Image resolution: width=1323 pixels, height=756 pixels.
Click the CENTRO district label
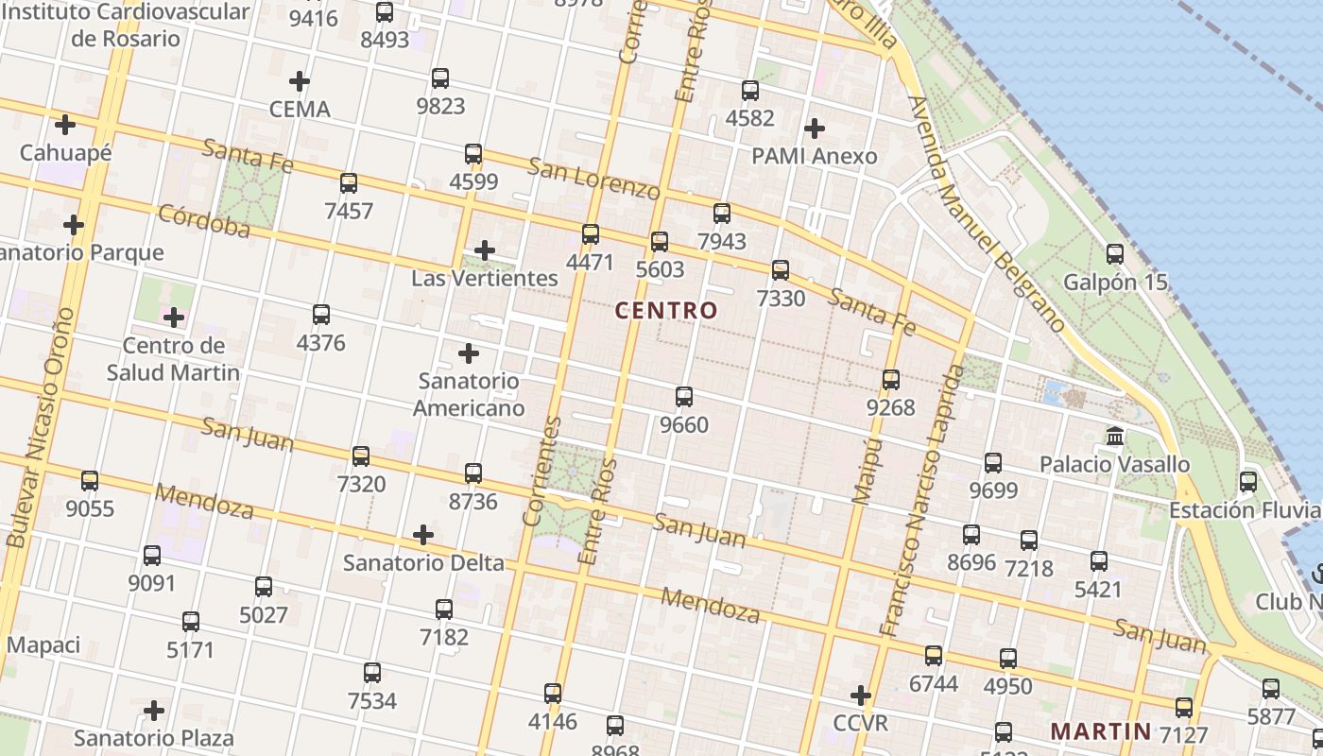[x=666, y=310]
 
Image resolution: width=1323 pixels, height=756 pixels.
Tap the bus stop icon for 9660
[x=684, y=397]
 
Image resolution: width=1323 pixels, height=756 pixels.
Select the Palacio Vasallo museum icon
[x=1115, y=438]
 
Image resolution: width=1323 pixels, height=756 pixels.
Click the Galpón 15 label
[x=1115, y=283]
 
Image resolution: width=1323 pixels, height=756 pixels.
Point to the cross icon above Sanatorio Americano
[x=469, y=354]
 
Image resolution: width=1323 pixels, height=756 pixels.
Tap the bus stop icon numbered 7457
[x=349, y=183]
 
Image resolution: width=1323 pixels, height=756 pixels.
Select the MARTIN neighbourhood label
[x=1101, y=730]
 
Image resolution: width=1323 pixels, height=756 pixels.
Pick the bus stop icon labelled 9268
[x=891, y=380]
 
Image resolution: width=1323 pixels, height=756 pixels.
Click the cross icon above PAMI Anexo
[x=814, y=129]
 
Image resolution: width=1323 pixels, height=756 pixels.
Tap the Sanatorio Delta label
[x=423, y=563]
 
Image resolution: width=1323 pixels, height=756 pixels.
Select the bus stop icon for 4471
[x=591, y=234]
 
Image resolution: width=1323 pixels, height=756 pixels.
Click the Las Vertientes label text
[x=485, y=279]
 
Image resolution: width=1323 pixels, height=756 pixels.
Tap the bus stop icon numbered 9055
[x=90, y=481]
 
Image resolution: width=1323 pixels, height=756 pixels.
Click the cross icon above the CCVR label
[x=860, y=696]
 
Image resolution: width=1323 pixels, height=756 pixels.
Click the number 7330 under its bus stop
[x=781, y=299]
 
